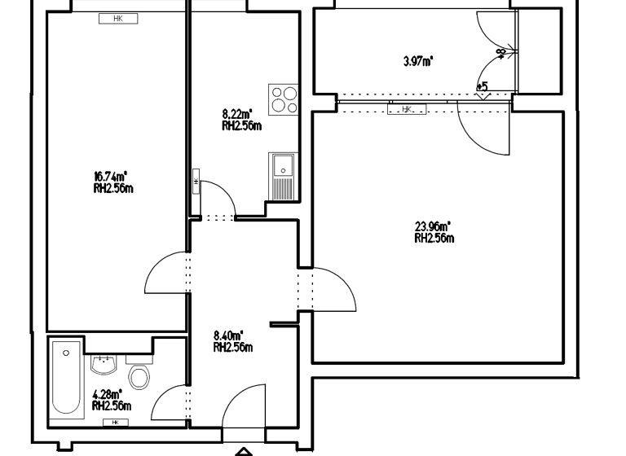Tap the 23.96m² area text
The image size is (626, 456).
(x=433, y=227)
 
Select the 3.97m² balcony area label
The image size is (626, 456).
(x=418, y=60)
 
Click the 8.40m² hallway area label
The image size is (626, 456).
(x=228, y=335)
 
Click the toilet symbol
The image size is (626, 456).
(x=140, y=375)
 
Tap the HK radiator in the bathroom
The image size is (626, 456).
(x=115, y=423)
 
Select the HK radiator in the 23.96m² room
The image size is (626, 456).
(x=407, y=109)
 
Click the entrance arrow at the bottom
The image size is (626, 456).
(x=244, y=450)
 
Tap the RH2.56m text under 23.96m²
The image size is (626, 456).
(x=434, y=239)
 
